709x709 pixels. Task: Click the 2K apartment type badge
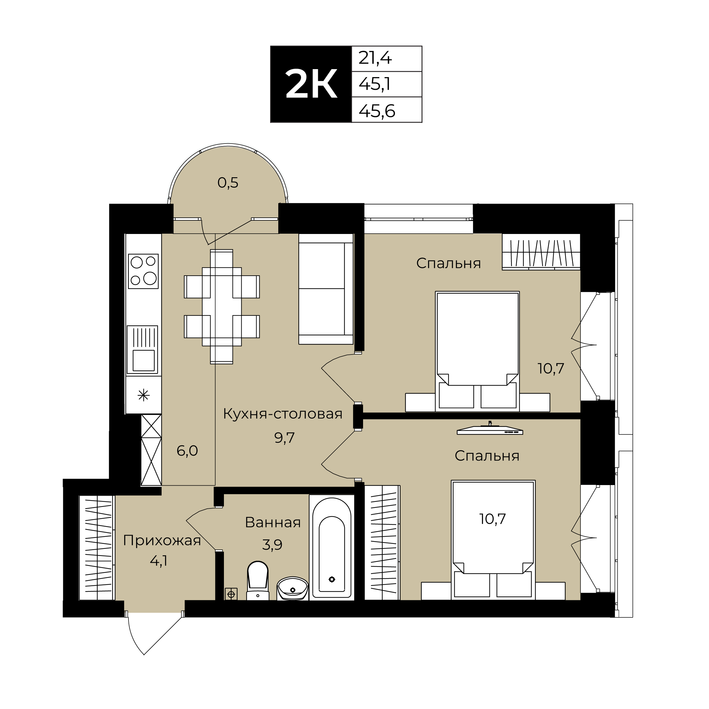(x=311, y=84)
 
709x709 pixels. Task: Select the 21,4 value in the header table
(x=375, y=58)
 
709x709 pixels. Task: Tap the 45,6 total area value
(x=377, y=110)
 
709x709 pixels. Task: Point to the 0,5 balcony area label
(x=228, y=182)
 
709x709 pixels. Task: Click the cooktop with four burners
(x=143, y=271)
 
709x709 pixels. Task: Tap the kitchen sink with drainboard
(x=142, y=350)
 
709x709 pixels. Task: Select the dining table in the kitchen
(x=222, y=307)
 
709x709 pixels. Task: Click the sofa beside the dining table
(x=326, y=289)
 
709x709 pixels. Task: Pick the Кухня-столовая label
(x=283, y=414)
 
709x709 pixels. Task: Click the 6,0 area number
(x=187, y=451)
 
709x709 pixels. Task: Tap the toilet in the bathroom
(x=258, y=580)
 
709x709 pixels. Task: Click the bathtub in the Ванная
(x=332, y=547)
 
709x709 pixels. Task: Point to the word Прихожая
(x=162, y=541)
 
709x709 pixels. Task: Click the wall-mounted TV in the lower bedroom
(x=490, y=429)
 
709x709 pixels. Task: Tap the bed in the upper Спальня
(x=477, y=352)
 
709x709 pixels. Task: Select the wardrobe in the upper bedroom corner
(x=541, y=252)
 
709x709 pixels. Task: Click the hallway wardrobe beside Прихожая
(x=97, y=547)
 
